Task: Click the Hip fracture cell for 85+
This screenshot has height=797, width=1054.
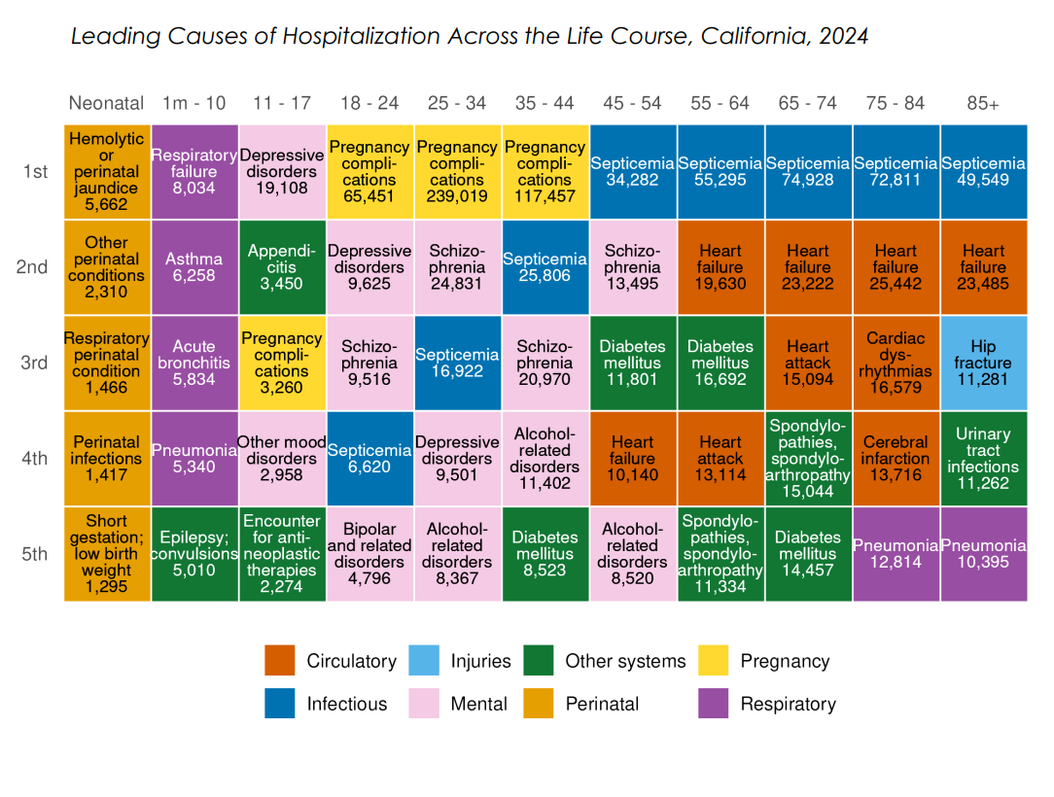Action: (983, 363)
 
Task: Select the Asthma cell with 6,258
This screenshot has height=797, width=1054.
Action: (194, 267)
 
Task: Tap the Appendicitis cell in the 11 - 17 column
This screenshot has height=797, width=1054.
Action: (282, 267)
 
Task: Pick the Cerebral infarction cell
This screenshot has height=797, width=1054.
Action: (896, 458)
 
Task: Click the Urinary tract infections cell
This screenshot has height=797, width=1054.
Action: (983, 458)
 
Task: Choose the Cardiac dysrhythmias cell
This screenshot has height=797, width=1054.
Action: (896, 363)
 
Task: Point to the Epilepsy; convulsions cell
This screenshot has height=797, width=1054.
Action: (194, 553)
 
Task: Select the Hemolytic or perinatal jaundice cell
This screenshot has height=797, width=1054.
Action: (107, 172)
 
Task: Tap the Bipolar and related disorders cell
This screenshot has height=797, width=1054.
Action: (369, 553)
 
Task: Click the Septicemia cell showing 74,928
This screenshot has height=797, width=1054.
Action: (808, 172)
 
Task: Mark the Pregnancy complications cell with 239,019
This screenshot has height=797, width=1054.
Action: (457, 172)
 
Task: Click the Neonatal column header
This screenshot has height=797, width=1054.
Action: (107, 103)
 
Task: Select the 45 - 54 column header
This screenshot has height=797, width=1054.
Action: (632, 103)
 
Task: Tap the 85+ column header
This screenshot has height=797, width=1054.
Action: (983, 103)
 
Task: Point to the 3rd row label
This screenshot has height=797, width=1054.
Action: (35, 363)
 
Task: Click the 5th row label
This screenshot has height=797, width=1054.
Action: (35, 554)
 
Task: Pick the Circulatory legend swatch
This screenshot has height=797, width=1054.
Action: (280, 661)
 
